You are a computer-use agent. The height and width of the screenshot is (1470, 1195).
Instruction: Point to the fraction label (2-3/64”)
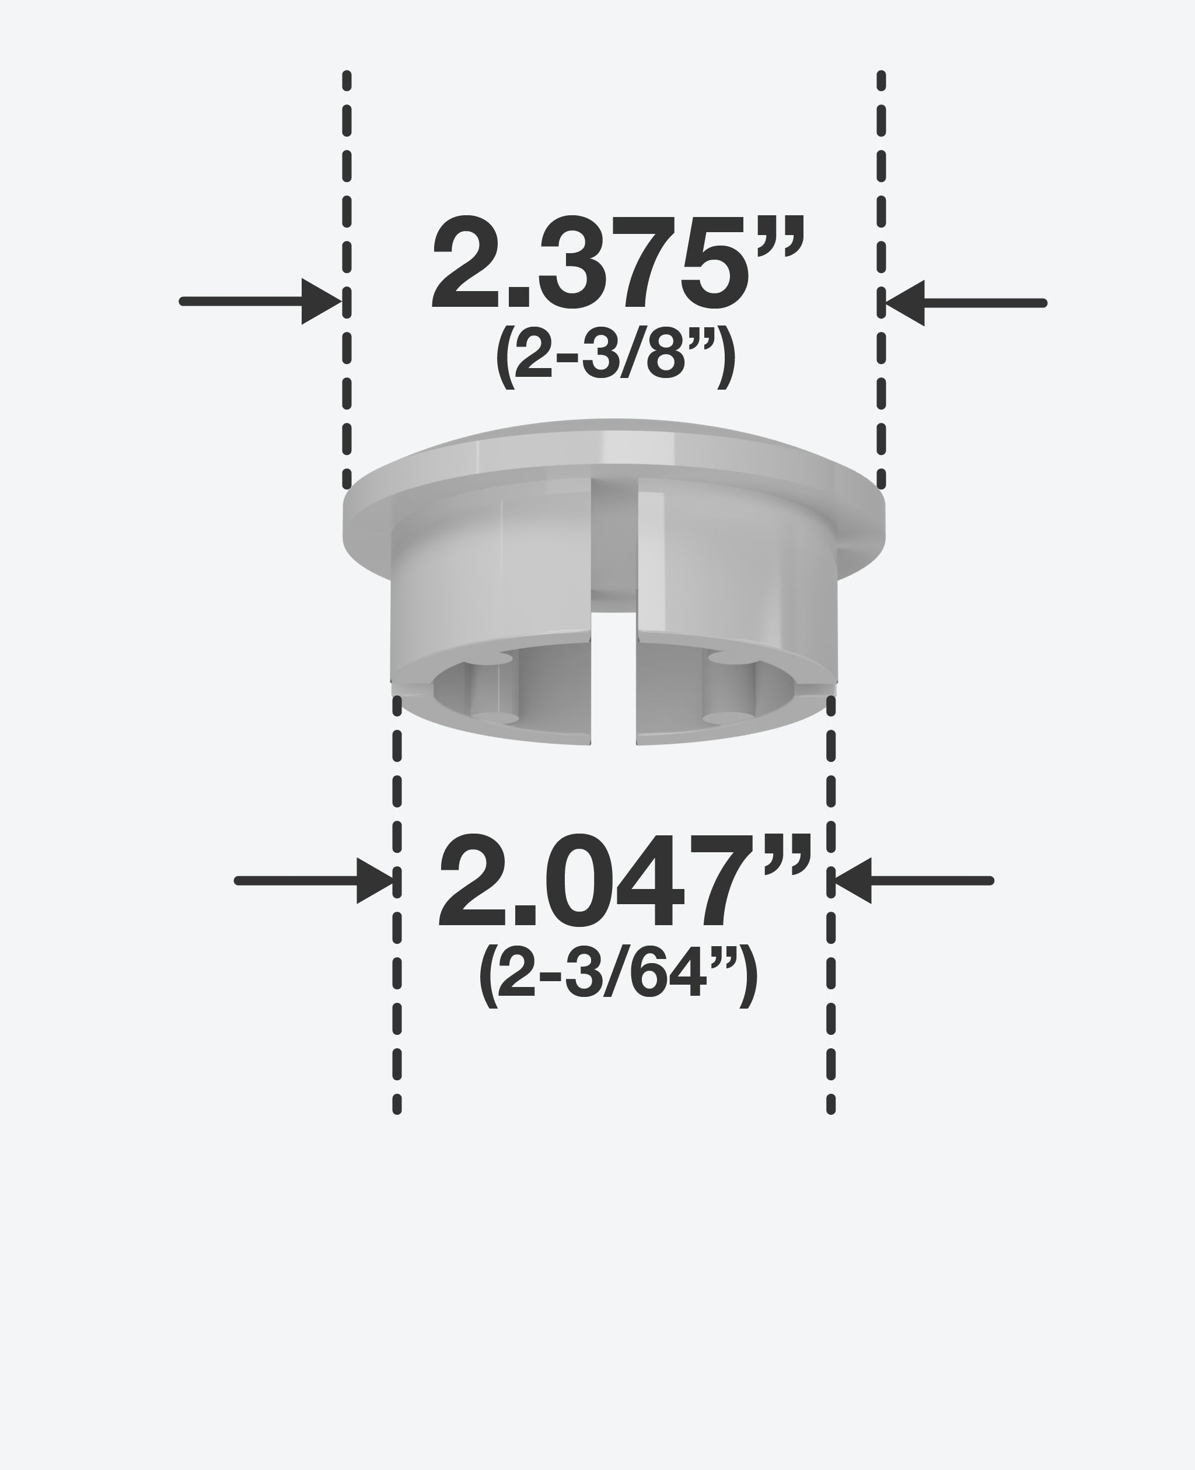617,977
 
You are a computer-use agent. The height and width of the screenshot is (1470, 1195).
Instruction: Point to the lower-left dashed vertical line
397,964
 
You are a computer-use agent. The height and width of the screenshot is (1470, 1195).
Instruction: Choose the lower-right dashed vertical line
831,964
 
